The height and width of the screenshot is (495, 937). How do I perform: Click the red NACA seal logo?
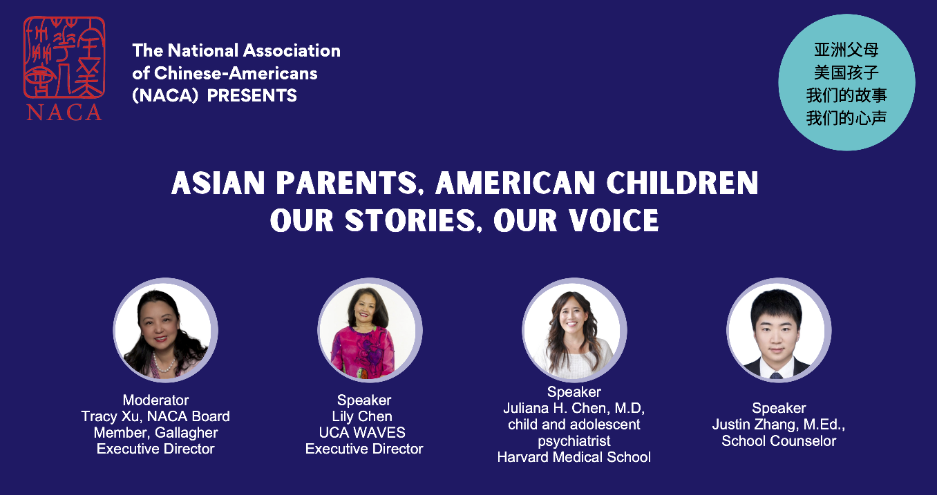coord(64,57)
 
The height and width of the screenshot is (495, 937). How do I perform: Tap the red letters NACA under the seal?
coord(64,112)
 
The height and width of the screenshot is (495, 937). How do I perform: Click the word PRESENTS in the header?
coord(252,96)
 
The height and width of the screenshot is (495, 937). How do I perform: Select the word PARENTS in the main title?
coord(347,183)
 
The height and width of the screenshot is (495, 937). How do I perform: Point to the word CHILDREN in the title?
coord(682,183)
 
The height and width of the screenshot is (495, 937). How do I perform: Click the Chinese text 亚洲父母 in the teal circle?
coord(846,50)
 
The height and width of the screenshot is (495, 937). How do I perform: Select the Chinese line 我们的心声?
coord(846,118)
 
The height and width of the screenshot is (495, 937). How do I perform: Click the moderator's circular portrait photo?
coord(166,330)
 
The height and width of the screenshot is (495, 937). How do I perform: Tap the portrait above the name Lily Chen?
coord(370,330)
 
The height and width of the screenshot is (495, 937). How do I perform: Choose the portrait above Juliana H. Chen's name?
coord(574,330)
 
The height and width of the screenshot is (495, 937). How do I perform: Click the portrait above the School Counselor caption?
coord(779,330)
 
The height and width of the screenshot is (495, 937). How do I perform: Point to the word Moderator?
coord(155,400)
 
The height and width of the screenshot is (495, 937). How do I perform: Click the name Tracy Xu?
coord(110,416)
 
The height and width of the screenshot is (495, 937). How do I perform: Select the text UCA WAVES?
coord(362,432)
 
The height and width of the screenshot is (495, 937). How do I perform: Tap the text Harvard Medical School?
coord(574,457)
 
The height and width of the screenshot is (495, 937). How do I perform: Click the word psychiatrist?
coord(574,441)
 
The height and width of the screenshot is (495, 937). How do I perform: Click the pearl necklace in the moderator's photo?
coord(163,363)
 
